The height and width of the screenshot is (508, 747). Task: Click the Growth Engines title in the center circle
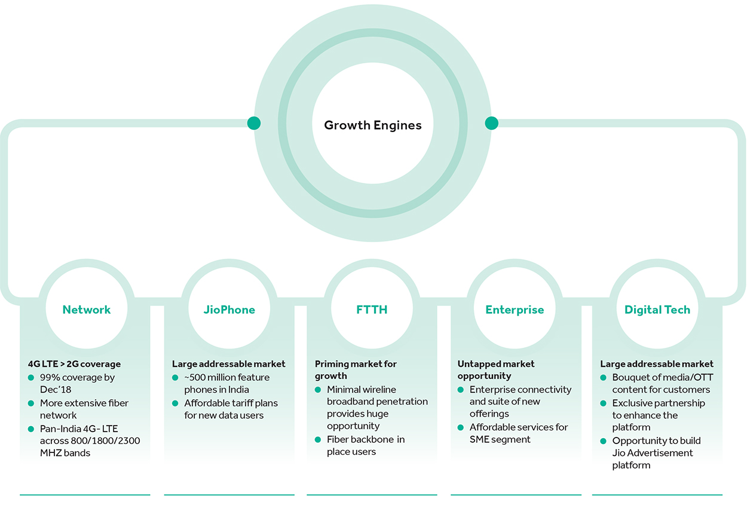point(373,126)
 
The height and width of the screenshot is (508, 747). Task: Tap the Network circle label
point(87,310)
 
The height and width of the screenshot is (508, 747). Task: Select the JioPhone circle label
point(229,310)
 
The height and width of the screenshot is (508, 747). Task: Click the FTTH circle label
point(372,310)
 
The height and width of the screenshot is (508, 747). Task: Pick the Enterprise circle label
point(515,310)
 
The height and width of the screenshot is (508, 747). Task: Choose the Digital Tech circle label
point(657,310)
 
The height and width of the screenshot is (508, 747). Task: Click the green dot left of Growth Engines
point(254,123)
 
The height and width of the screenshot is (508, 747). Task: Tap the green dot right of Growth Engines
point(491,123)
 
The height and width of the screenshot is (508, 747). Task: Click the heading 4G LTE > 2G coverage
point(74,364)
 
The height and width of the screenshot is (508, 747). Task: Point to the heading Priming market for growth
point(356,370)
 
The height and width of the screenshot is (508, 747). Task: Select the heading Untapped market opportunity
point(496,370)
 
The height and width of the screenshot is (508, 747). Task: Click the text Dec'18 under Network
point(56,390)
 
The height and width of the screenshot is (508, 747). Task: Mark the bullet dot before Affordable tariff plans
point(175,403)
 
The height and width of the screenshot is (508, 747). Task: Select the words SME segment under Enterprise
point(500,440)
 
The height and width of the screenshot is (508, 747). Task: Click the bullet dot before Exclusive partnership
point(604,403)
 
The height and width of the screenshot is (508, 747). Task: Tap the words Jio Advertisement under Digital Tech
point(653,453)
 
